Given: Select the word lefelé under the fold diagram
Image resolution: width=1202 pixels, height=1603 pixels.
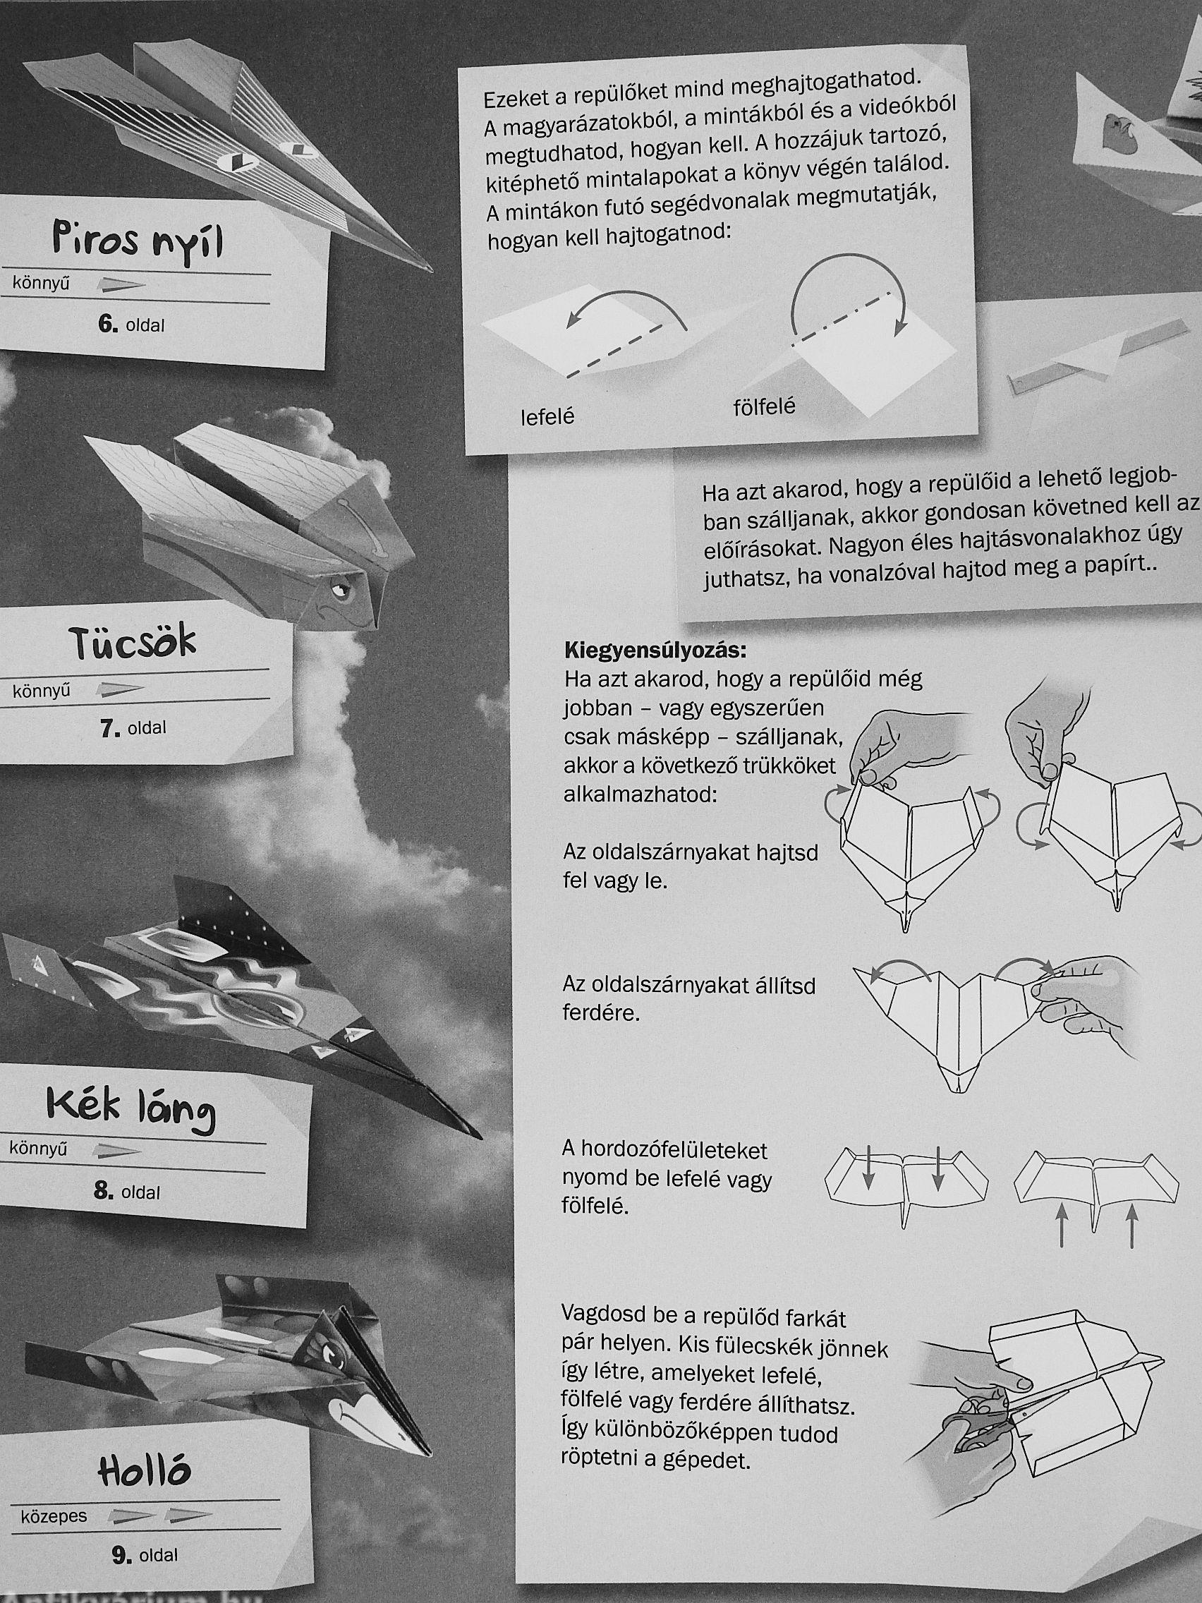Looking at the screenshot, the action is [x=547, y=417].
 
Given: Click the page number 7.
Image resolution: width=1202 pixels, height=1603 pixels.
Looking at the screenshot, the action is [x=109, y=727].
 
